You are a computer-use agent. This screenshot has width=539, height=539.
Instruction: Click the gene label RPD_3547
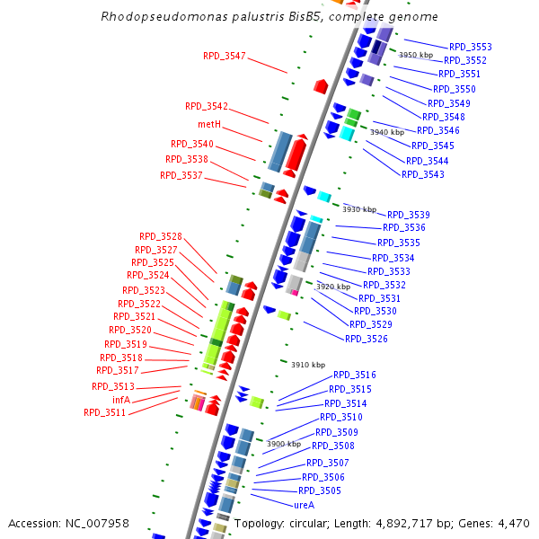click(x=224, y=56)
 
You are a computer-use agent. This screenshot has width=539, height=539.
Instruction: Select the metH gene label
click(x=209, y=124)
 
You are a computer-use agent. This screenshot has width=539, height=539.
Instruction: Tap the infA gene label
click(x=121, y=400)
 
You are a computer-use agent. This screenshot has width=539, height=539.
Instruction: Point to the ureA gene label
click(x=304, y=505)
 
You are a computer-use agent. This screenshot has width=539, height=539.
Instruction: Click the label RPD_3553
click(x=470, y=47)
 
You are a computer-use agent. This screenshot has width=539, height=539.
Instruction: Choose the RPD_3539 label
click(x=408, y=215)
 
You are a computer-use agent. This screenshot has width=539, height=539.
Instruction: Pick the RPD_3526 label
click(x=367, y=339)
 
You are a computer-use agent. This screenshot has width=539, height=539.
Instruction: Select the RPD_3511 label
click(x=105, y=412)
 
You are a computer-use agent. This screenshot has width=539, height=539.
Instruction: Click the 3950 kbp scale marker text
click(x=416, y=55)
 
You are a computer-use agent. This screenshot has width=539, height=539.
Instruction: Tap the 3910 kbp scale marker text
click(x=308, y=365)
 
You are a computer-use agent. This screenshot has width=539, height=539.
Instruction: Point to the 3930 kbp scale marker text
click(x=359, y=209)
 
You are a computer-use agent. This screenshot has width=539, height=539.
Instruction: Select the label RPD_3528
click(x=161, y=236)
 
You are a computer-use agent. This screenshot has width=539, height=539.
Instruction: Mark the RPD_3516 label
click(x=355, y=375)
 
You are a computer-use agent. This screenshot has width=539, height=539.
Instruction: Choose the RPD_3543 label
click(x=423, y=174)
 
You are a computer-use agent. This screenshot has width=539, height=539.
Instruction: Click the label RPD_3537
click(x=181, y=175)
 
